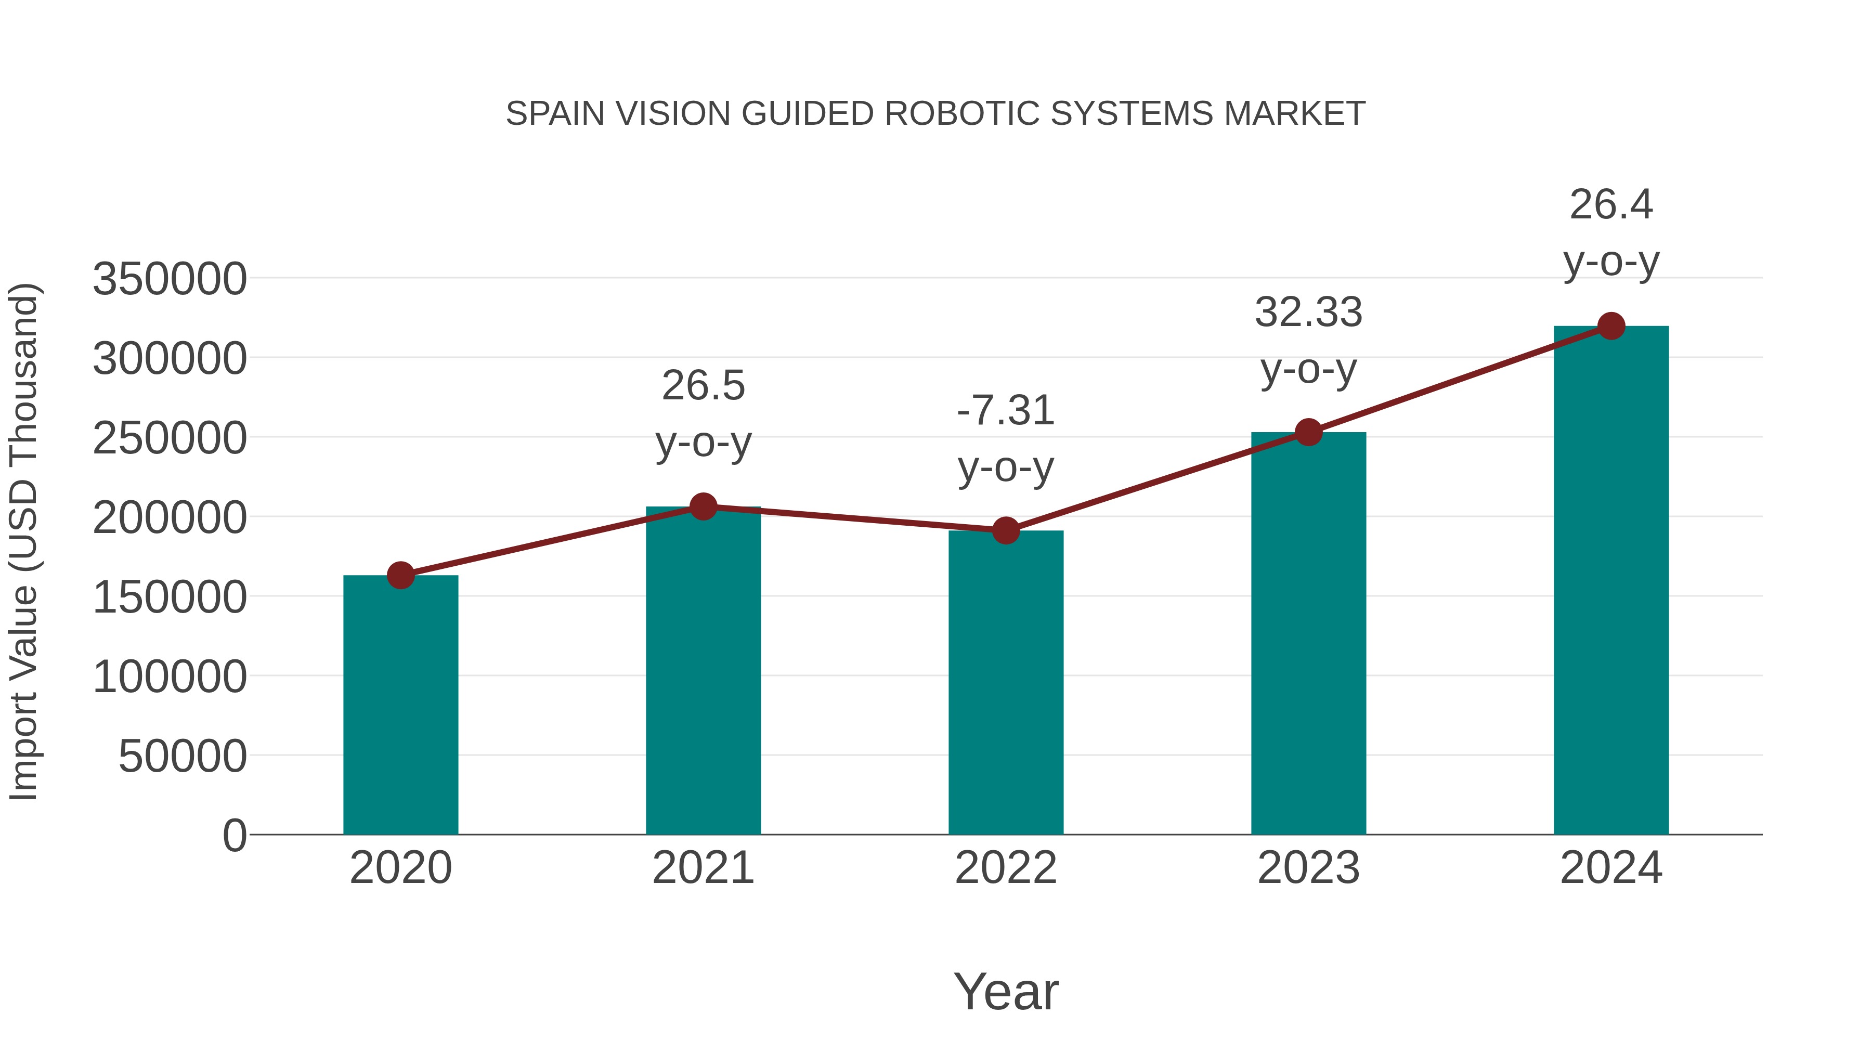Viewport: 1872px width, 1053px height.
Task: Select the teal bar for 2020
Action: (x=400, y=705)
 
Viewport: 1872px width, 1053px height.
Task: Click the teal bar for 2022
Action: (x=1006, y=683)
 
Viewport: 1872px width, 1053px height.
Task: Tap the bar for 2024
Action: (x=1611, y=581)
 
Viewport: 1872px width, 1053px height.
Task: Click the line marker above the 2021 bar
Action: (x=704, y=506)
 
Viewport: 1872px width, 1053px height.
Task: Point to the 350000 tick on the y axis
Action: (x=170, y=279)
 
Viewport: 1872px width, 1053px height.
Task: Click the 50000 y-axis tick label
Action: (x=183, y=757)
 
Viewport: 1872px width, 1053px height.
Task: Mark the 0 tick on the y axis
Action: (x=234, y=836)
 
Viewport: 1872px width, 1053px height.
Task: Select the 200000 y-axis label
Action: (x=170, y=518)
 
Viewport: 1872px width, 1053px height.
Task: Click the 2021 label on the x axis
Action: (x=704, y=868)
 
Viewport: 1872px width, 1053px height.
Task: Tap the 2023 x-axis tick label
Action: (x=1308, y=868)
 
